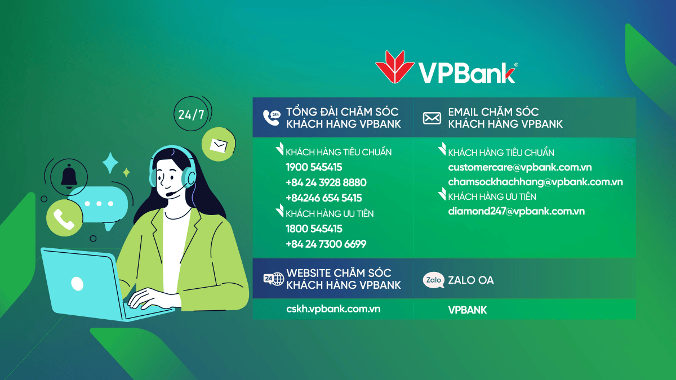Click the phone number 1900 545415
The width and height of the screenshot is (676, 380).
click(314, 167)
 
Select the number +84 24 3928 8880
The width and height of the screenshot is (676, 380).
click(326, 182)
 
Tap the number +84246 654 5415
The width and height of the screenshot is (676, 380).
click(323, 198)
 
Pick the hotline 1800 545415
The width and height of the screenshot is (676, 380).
click(314, 229)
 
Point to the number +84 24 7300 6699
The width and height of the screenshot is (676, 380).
click(326, 244)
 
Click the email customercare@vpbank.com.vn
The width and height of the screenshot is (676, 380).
click(519, 167)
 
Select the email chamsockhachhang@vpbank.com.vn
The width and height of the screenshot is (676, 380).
click(535, 182)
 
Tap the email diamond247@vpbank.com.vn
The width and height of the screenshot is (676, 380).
click(517, 211)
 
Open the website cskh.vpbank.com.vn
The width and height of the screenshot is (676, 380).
click(333, 309)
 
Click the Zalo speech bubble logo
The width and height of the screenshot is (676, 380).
click(433, 280)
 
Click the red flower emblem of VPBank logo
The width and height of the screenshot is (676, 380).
click(394, 66)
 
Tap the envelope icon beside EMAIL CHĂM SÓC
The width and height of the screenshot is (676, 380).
click(432, 118)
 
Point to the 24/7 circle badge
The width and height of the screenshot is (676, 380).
click(191, 114)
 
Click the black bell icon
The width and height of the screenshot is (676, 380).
click(69, 176)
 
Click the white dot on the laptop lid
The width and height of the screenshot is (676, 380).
click(77, 284)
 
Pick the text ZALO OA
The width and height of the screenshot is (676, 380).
click(471, 280)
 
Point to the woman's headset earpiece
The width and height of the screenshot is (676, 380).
click(189, 176)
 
